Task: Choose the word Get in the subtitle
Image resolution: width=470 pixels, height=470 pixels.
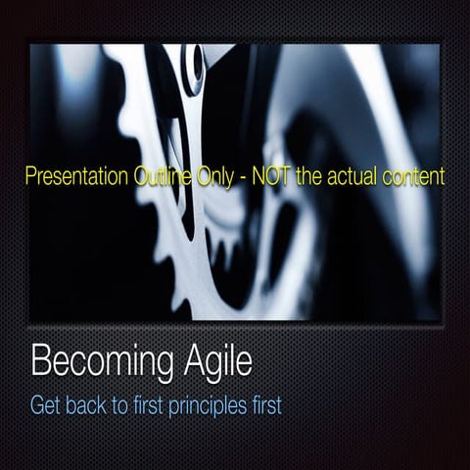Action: click(x=48, y=403)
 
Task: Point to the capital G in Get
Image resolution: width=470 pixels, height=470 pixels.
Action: click(x=38, y=403)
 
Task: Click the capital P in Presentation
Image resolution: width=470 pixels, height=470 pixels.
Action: click(x=28, y=178)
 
